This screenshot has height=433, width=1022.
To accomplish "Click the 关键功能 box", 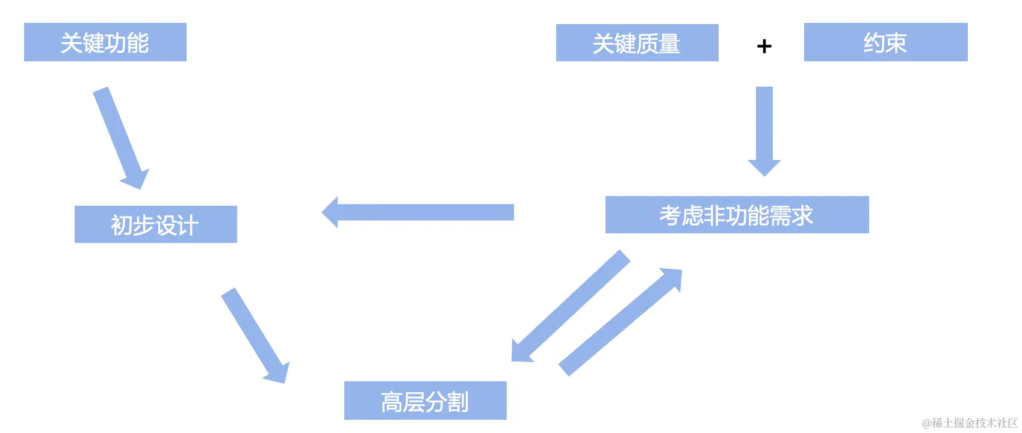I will pos(105,42).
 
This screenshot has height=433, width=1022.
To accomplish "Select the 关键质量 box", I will pos(637,43).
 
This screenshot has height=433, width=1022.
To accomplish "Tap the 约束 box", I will pos(885,42).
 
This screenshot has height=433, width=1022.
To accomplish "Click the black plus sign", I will pos(764,46).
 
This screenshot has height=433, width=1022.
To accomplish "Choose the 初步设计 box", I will pos(155,224).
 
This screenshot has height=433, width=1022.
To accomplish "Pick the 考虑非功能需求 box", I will pos(737,215).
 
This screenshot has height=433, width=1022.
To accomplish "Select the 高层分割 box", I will pos(425,401).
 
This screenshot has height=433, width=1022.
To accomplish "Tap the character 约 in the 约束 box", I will pos(874,43).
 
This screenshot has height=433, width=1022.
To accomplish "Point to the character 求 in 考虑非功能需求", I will pos(802,215).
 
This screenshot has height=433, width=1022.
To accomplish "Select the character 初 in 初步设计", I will pos(122,226).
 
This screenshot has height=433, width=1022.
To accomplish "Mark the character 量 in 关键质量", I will pos(669,44).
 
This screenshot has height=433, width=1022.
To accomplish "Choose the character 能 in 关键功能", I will pos(138,43).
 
